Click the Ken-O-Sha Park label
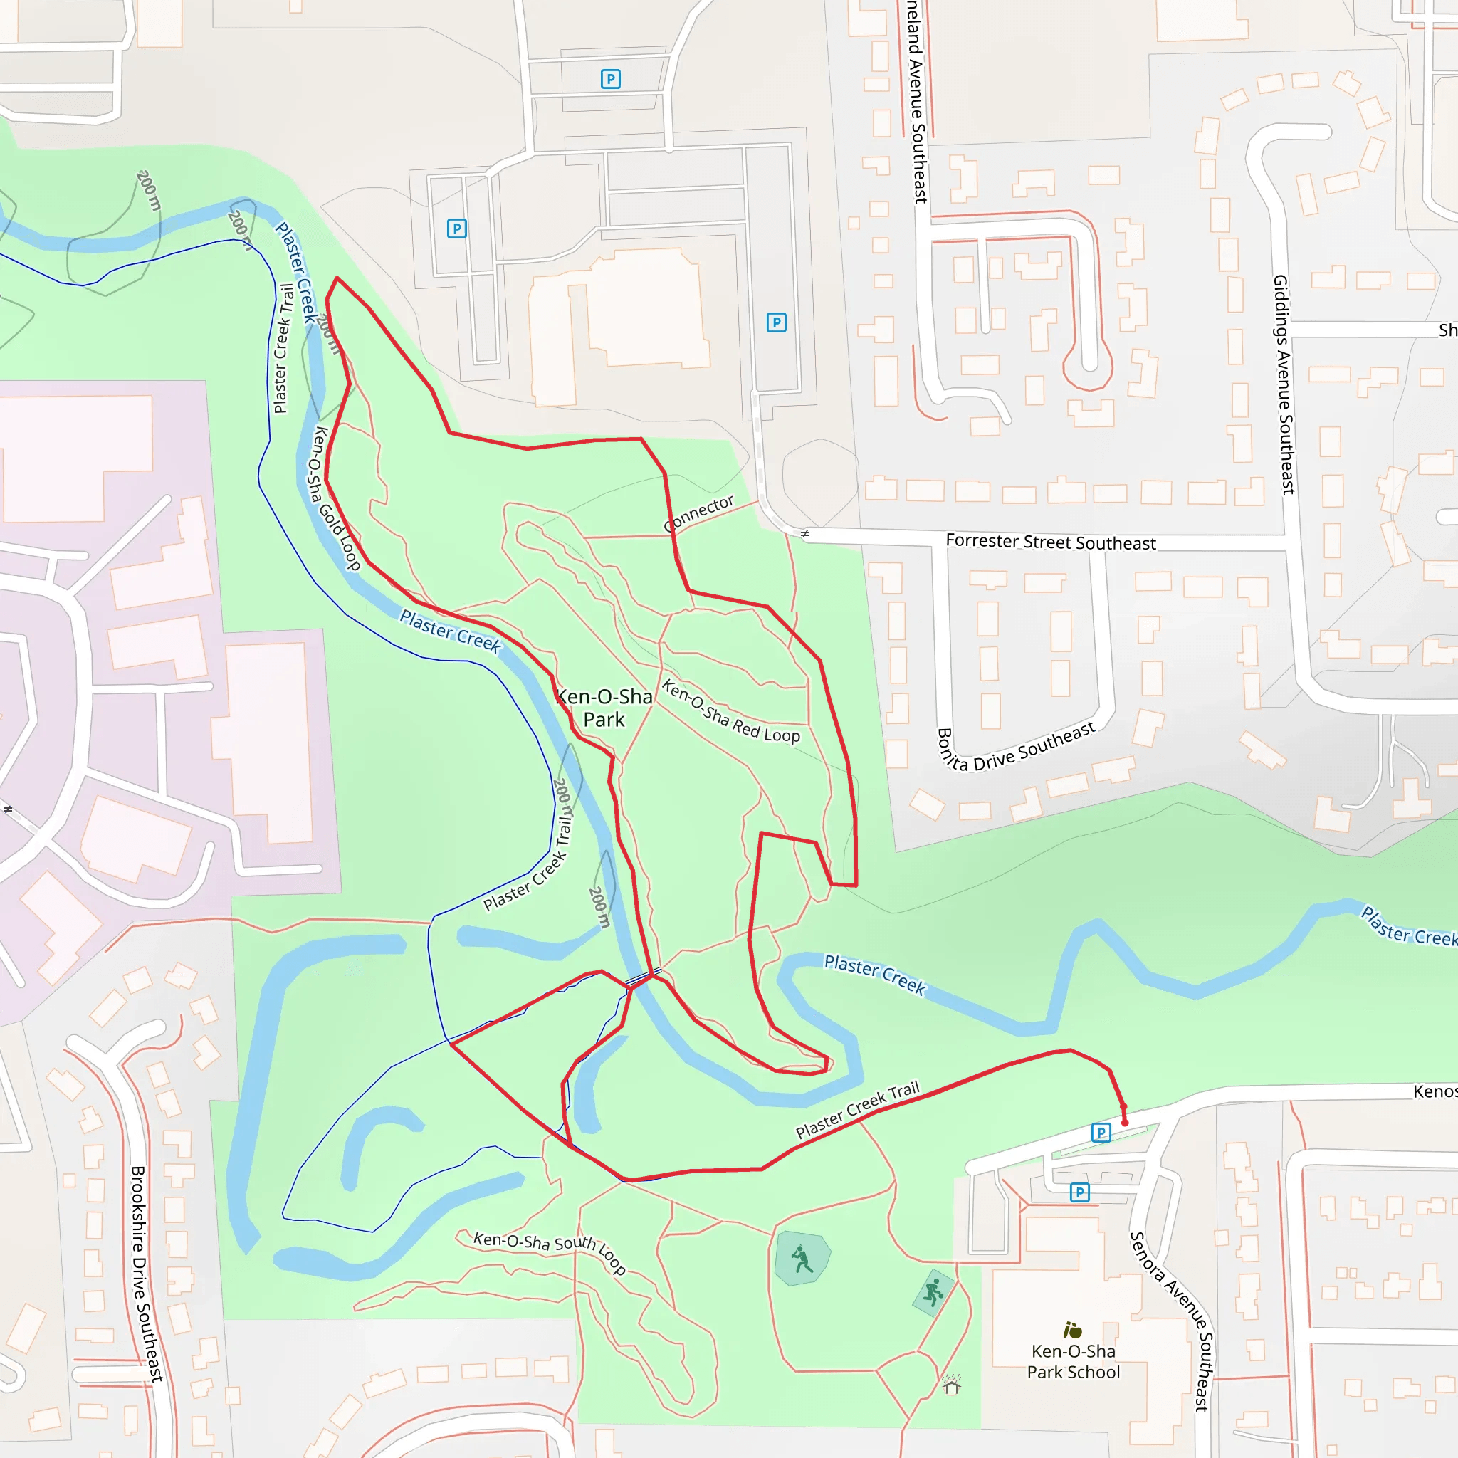coord(604,707)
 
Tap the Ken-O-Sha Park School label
coord(1073,1361)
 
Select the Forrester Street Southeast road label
coord(1051,541)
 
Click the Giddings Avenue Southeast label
coord(1284,384)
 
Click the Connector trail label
coord(699,513)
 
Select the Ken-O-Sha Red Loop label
coord(730,711)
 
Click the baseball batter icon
coord(802,1259)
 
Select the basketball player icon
coord(933,1292)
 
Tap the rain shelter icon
coord(952,1385)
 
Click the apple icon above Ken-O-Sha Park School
coord(1072,1330)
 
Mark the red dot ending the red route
coord(1124,1123)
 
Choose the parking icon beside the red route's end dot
coord(1101,1132)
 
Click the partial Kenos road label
coord(1435,1091)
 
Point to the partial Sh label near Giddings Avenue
coord(1447,330)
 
